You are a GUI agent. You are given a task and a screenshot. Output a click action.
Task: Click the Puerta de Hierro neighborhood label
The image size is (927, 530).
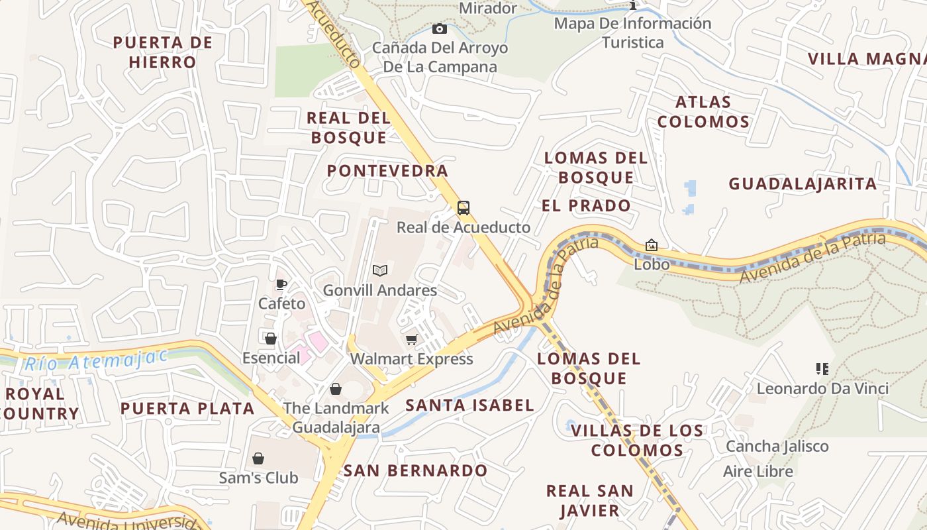point(163,52)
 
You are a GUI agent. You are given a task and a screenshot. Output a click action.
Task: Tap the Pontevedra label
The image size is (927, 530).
point(387,171)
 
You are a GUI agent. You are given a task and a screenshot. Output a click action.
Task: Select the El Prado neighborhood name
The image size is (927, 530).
point(586,205)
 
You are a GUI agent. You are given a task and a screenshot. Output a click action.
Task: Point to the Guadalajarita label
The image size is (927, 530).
point(803,184)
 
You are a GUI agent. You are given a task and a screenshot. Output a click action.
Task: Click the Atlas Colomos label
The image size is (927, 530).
point(703,112)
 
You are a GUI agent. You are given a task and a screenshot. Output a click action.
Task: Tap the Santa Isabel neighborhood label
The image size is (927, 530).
point(469,405)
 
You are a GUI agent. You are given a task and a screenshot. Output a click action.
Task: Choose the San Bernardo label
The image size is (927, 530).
point(415,471)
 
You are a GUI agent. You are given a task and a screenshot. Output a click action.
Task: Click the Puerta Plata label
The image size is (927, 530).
point(187,408)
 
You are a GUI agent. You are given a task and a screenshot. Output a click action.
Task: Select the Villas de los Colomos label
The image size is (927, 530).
point(637,441)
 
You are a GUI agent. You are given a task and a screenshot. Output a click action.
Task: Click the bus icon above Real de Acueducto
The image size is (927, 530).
point(463,208)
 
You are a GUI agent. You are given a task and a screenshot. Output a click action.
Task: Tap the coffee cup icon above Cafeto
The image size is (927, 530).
point(281,285)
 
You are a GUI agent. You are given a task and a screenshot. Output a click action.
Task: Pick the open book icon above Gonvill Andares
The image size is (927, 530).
point(379,270)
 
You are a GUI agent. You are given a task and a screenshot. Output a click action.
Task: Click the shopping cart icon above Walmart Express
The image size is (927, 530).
point(411,340)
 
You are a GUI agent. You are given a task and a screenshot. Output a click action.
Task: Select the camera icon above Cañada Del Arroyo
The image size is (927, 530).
point(439,28)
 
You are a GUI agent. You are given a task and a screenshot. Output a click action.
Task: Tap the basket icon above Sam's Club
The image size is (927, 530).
point(258,458)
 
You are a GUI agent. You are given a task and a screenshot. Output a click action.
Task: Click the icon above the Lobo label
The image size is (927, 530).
point(652,245)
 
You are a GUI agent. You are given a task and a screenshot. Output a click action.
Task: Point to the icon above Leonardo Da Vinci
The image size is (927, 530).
point(822,368)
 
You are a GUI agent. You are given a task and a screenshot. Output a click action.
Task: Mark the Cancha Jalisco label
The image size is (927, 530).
point(777,446)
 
